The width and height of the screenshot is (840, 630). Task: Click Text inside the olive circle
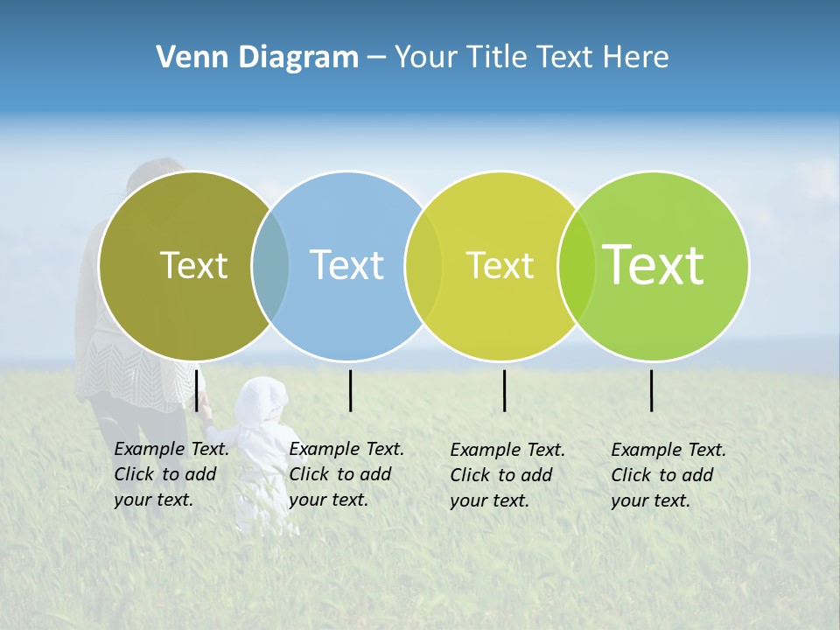[x=193, y=265]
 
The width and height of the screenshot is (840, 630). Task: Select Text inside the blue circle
[x=346, y=265]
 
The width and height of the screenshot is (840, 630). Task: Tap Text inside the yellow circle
[x=500, y=265]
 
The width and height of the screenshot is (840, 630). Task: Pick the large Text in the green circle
[x=654, y=265]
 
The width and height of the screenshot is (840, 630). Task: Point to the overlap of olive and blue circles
[x=270, y=265]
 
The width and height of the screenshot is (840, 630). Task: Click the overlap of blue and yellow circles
[x=423, y=265]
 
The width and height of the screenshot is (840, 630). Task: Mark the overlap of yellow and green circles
[x=577, y=265]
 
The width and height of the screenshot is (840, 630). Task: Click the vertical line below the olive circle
[x=197, y=390]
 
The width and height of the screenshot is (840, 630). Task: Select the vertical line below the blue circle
[x=350, y=390]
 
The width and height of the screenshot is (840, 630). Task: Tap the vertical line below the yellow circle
[x=505, y=390]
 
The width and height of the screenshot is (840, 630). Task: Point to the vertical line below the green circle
[x=652, y=390]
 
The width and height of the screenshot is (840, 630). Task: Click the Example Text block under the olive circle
[x=171, y=474]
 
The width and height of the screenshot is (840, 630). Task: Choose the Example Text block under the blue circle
[x=346, y=474]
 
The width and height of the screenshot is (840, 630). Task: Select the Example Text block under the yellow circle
[x=507, y=475]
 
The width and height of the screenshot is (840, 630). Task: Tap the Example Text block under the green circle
[x=668, y=475]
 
